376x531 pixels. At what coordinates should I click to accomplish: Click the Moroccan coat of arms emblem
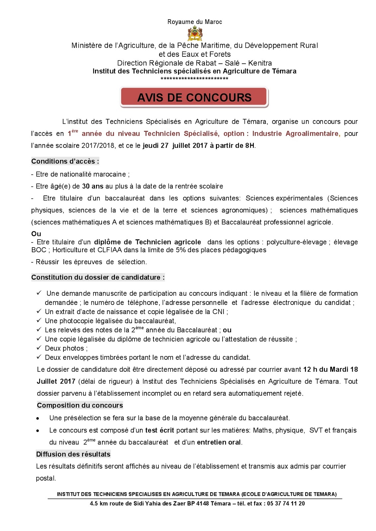click(195, 34)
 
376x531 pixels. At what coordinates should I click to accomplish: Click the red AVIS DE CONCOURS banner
click(194, 97)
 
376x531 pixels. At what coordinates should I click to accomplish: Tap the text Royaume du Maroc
click(195, 22)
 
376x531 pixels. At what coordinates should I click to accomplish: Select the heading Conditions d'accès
click(65, 161)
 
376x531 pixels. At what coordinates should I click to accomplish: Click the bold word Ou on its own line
click(36, 234)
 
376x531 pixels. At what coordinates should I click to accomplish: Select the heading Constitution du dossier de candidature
click(98, 277)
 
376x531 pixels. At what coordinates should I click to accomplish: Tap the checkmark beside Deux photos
click(39, 348)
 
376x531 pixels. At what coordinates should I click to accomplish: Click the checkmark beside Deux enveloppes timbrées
click(39, 357)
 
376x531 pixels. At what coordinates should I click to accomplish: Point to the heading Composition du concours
click(80, 405)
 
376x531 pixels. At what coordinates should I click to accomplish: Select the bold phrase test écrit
click(159, 430)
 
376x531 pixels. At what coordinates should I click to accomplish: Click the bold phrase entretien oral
click(219, 442)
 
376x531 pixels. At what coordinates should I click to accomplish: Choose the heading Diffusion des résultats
click(73, 454)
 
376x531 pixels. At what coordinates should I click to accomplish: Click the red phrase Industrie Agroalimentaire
click(296, 133)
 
